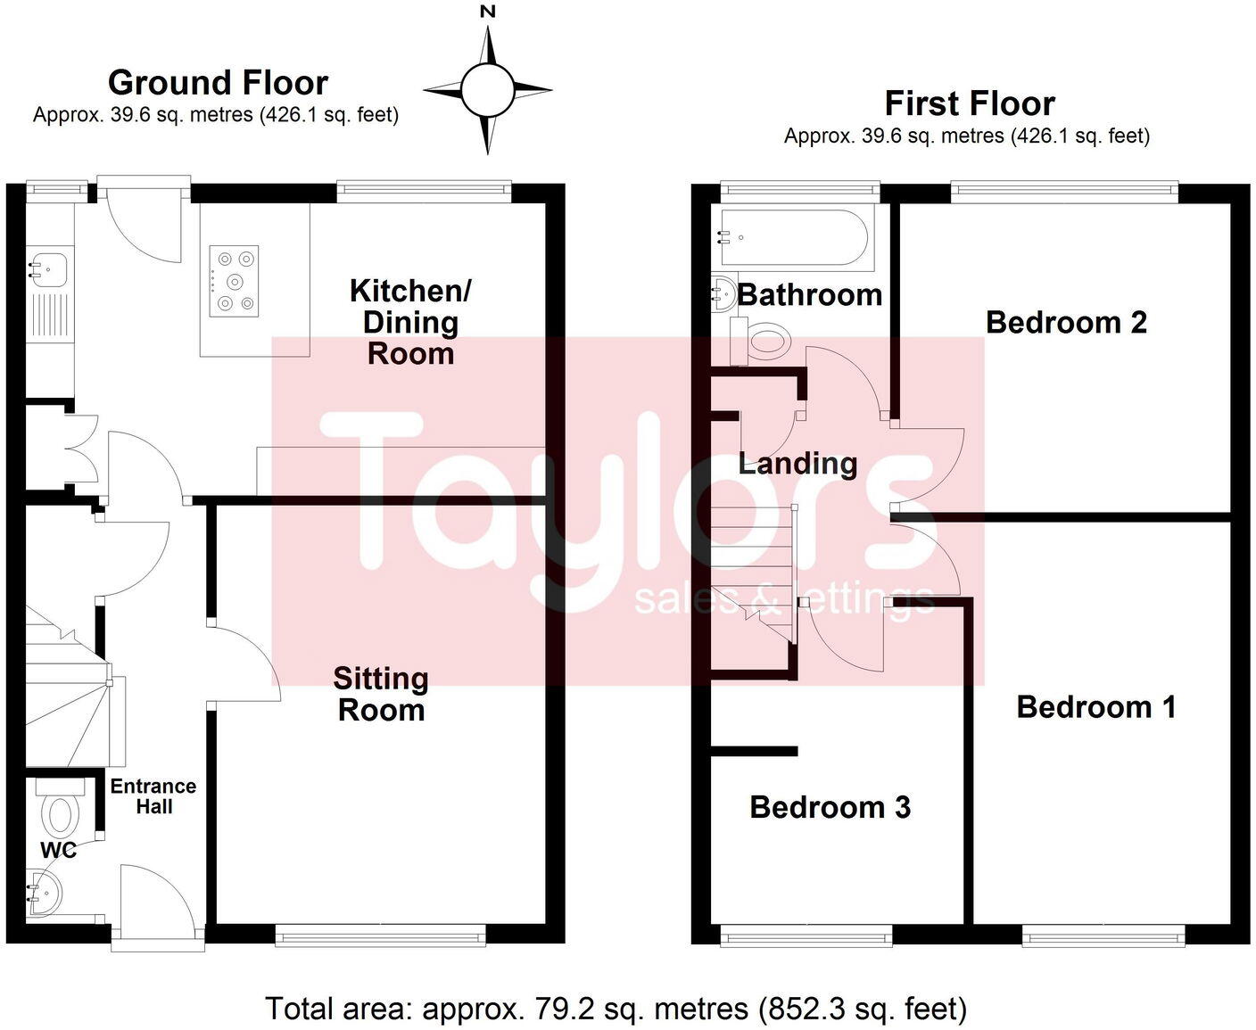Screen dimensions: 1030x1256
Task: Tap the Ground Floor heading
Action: tap(218, 83)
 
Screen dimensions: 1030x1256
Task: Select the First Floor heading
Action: tap(969, 104)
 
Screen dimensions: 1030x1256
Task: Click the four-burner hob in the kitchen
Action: tap(235, 282)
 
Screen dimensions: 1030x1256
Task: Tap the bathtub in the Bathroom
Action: tap(793, 238)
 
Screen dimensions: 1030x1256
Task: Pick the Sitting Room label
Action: tap(381, 694)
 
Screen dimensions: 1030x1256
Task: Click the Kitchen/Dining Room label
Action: tap(410, 322)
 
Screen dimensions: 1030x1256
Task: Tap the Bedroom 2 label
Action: tap(1066, 322)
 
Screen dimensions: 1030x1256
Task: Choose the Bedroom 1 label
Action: tap(1096, 707)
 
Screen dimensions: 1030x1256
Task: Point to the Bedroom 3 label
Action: tap(830, 807)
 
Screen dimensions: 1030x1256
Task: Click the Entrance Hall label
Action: tap(153, 795)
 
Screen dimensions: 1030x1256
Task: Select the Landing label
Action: tap(797, 463)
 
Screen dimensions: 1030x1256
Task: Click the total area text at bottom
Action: tap(616, 1009)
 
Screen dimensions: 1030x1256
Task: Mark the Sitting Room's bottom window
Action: tap(380, 935)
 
